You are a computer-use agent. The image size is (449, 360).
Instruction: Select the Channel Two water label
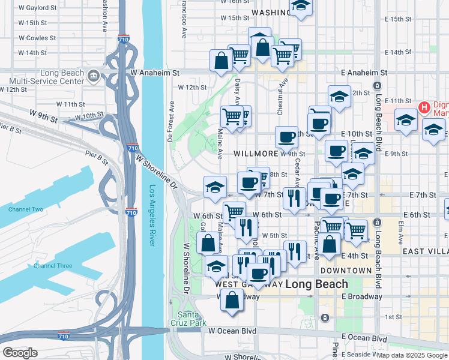(x=25, y=209)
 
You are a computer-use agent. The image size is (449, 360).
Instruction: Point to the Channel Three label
(x=52, y=266)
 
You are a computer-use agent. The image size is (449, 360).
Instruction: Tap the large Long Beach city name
(x=316, y=284)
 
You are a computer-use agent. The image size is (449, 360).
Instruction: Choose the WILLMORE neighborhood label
(x=256, y=154)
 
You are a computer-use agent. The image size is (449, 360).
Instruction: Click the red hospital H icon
(x=425, y=107)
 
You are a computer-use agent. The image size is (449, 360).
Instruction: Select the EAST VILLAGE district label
(x=425, y=251)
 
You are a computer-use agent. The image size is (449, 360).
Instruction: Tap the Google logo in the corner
(x=20, y=353)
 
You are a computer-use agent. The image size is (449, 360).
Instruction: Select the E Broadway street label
(x=362, y=296)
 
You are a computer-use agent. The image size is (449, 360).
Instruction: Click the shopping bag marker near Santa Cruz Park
(x=232, y=300)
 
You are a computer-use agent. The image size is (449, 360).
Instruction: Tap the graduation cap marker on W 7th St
(x=215, y=188)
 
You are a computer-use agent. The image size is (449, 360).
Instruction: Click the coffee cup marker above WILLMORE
(x=288, y=137)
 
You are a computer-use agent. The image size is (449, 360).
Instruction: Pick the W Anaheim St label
(x=154, y=73)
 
